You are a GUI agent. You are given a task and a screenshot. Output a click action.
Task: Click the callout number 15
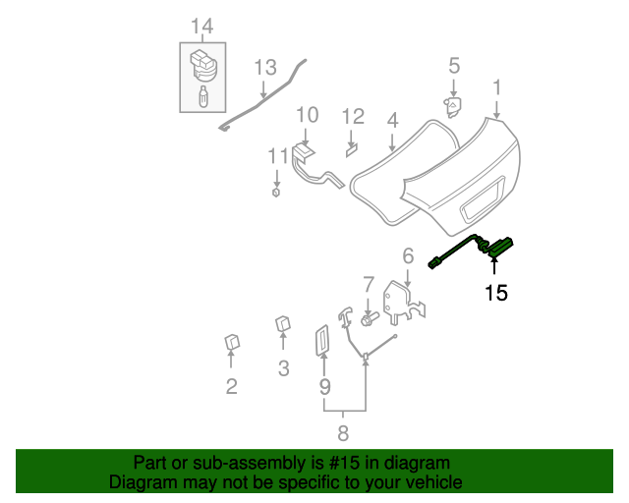pos(495,292)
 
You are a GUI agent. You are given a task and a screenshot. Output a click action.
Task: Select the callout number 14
pos(201,25)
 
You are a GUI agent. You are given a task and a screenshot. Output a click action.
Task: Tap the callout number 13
pos(265,67)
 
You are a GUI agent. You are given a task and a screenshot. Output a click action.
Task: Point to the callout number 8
pos(343,433)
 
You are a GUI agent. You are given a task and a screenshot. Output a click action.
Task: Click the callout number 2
pos(232,386)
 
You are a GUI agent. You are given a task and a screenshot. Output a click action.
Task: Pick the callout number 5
pos(454,66)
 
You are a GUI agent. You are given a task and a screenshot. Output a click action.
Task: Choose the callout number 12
pos(353,117)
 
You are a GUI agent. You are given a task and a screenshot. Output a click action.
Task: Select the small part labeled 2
pos(233,342)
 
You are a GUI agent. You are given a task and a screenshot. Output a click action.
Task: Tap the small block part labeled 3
pos(282,323)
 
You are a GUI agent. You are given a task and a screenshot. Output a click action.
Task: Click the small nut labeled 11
pos(276,192)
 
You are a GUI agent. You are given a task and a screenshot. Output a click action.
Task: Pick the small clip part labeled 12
pos(351,149)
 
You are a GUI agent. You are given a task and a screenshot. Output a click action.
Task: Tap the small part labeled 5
pos(453,106)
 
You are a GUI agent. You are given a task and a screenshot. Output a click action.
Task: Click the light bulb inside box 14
pos(202,98)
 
